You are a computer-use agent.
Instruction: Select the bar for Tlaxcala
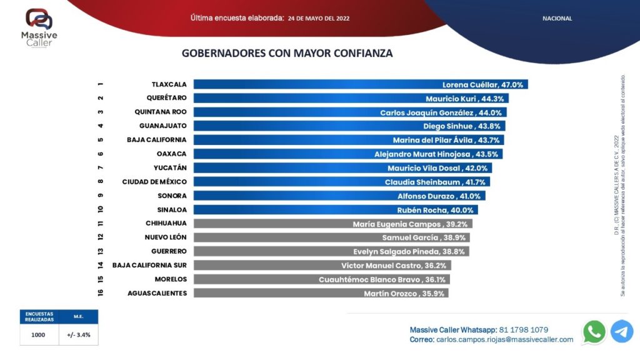pyautogui.click(x=361, y=84)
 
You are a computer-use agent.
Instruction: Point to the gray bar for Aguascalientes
pyautogui.click(x=321, y=293)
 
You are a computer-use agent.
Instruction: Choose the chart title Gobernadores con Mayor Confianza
pyautogui.click(x=287, y=53)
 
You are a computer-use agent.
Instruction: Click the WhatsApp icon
pyautogui.click(x=594, y=331)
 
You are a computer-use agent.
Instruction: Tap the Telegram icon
pyautogui.click(x=622, y=331)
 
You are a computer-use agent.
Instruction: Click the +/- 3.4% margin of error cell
pyautogui.click(x=79, y=334)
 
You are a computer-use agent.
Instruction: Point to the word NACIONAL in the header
pyautogui.click(x=557, y=19)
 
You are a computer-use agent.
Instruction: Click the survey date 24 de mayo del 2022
pyautogui.click(x=319, y=19)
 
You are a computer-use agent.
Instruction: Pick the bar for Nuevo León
pyautogui.click(x=331, y=237)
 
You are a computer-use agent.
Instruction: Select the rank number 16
pyautogui.click(x=100, y=293)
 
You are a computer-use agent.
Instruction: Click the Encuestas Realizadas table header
pyautogui.click(x=39, y=317)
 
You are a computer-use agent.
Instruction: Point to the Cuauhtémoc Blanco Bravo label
pyautogui.click(x=382, y=279)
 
